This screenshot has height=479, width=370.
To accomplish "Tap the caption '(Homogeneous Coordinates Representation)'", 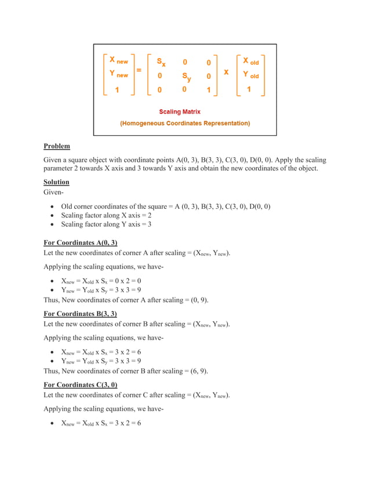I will (x=185, y=124).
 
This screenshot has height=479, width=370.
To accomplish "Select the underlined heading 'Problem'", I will (x=57, y=147).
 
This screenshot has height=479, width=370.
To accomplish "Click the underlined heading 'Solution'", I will (x=56, y=182).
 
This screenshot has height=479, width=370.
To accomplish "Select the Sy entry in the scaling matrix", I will (x=186, y=77).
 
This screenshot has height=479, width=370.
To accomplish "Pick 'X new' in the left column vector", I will (x=118, y=60).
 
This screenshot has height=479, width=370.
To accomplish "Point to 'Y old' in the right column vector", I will (x=251, y=75).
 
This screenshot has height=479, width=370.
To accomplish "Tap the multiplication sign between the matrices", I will (x=226, y=72).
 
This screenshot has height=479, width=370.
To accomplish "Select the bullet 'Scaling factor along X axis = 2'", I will (x=106, y=215).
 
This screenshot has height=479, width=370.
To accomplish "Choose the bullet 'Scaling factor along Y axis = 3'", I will (x=106, y=224).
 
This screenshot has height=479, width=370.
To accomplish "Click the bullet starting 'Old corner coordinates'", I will (x=165, y=206).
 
